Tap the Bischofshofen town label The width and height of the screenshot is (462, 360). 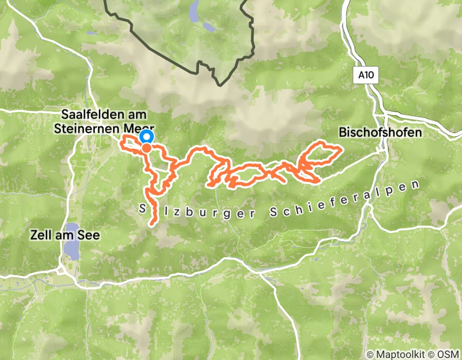pyautogui.click(x=380, y=133)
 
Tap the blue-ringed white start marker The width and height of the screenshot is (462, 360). pyautogui.click(x=147, y=137)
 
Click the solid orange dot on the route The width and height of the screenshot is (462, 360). pyautogui.click(x=147, y=148)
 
